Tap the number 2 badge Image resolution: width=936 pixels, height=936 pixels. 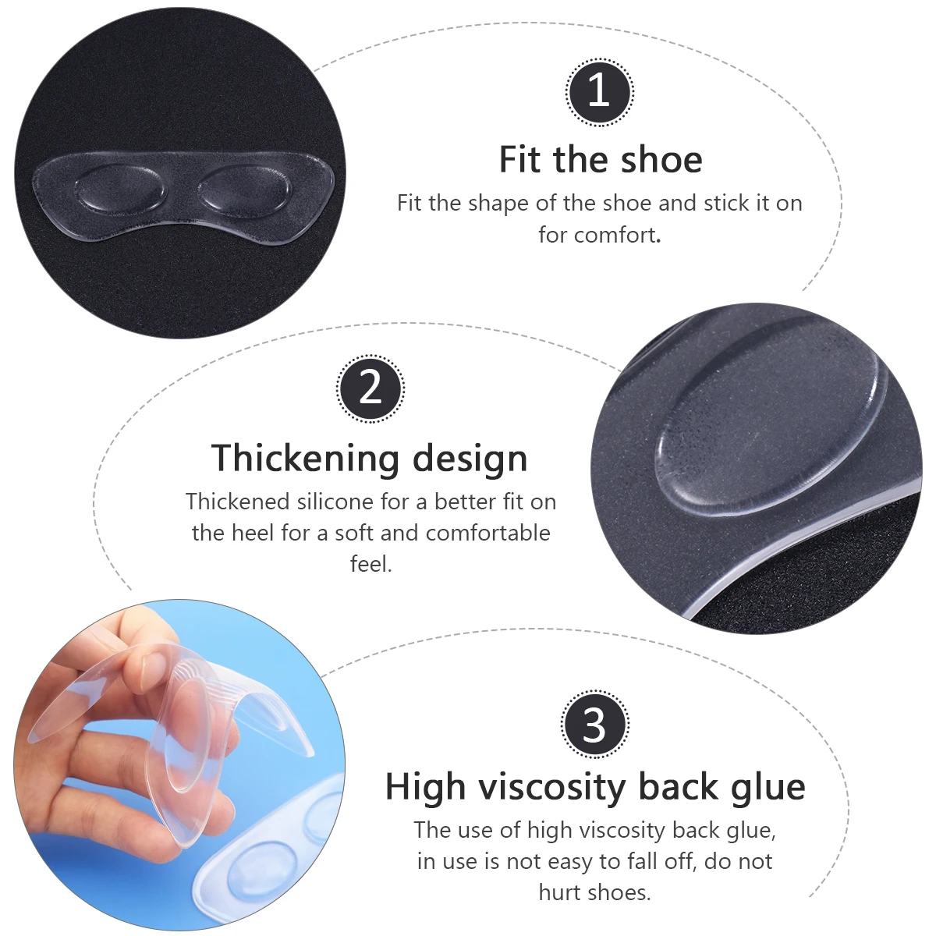point(370,388)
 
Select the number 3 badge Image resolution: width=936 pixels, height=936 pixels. point(594,725)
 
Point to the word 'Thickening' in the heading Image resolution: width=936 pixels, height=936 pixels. point(306,458)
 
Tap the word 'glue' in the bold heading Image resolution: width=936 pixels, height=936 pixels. point(768,787)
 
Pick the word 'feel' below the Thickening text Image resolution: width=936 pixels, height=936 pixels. point(370,563)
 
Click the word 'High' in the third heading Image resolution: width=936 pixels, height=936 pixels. point(425,787)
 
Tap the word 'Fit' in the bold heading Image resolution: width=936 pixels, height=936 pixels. point(519,160)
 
